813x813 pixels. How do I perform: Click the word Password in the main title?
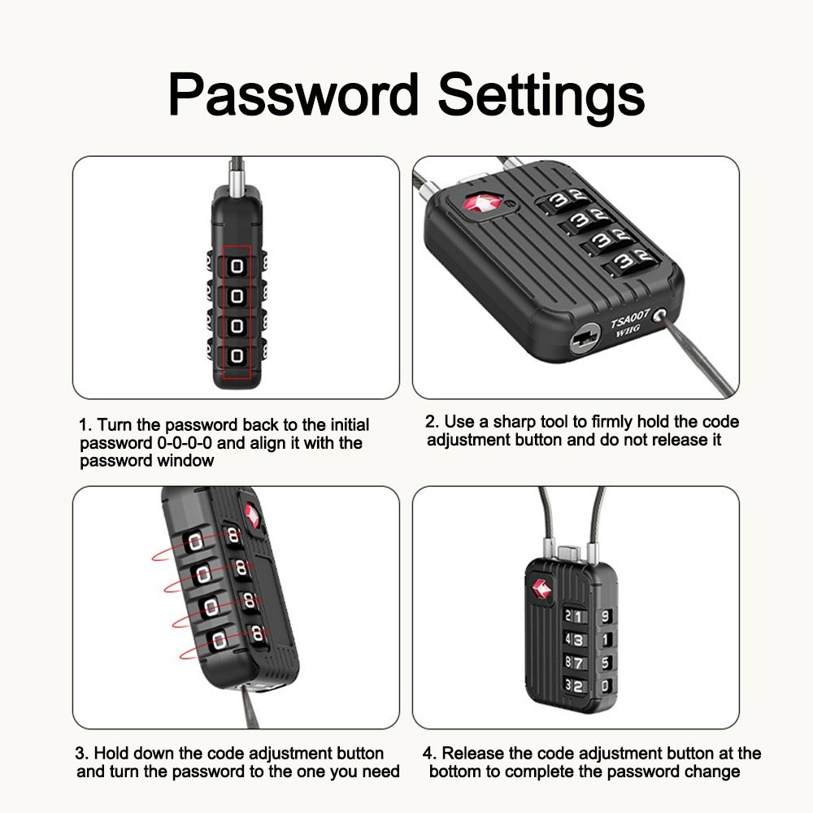click(293, 95)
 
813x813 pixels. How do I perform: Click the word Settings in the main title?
click(541, 95)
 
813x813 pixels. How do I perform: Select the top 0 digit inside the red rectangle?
click(237, 266)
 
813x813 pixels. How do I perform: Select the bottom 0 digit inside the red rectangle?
click(237, 356)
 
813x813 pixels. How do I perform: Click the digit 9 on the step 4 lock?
click(604, 615)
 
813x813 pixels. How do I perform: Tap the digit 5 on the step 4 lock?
click(604, 663)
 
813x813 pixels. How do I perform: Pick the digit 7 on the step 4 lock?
click(580, 663)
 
